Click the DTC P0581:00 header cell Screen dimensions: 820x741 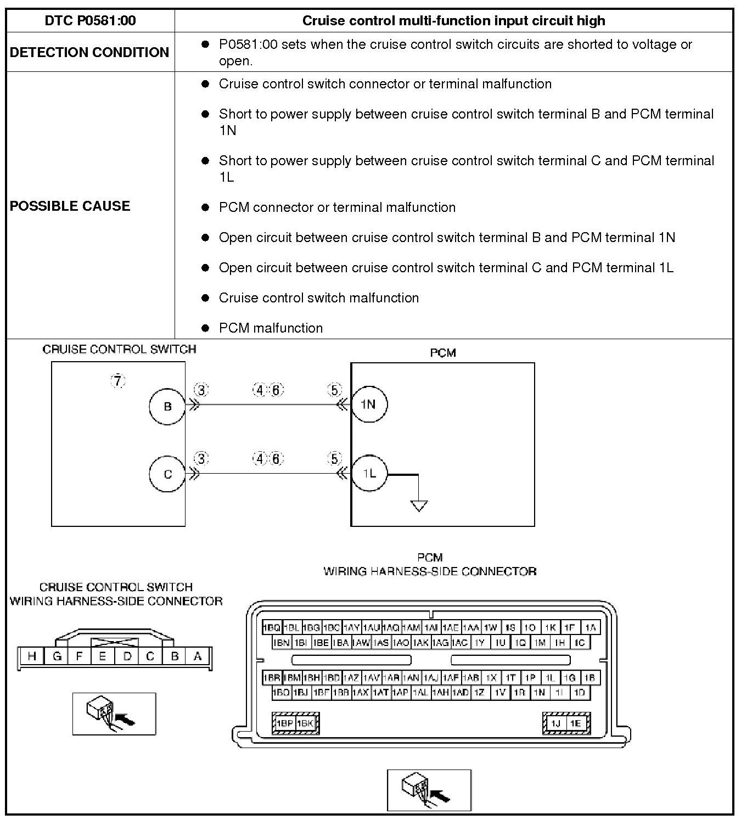(90, 21)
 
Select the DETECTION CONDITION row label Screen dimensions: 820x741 (89, 52)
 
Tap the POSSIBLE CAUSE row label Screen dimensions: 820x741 (70, 206)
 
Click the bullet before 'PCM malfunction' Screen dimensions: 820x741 (206, 328)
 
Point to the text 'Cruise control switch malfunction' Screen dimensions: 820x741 (318, 298)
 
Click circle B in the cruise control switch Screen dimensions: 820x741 (167, 406)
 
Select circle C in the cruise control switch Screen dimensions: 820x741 (167, 474)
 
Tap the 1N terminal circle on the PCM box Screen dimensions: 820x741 (368, 405)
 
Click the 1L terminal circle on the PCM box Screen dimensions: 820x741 (369, 473)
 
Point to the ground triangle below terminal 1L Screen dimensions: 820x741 (419, 506)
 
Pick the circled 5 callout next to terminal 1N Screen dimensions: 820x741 (334, 390)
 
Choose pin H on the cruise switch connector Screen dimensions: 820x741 (32, 656)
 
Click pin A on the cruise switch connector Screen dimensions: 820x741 (198, 656)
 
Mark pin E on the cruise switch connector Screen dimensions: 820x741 (103, 656)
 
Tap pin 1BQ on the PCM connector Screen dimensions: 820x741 (272, 627)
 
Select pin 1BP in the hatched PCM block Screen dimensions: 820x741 (284, 723)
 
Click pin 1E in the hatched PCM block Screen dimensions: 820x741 (575, 723)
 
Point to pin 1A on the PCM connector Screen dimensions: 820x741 (590, 627)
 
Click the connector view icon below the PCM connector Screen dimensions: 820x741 (429, 790)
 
